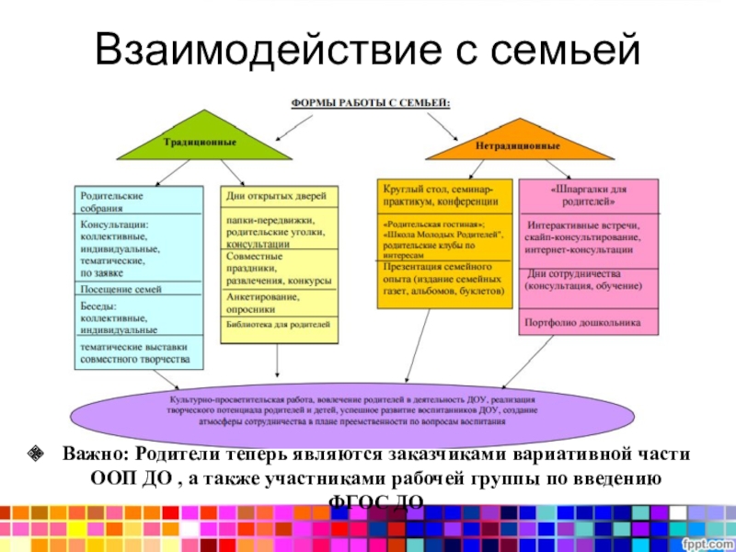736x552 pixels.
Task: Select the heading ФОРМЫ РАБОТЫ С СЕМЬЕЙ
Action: click(x=371, y=103)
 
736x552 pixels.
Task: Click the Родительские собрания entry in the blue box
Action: click(x=111, y=202)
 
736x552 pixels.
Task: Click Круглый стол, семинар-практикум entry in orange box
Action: click(x=441, y=194)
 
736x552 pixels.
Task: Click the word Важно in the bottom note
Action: click(x=95, y=454)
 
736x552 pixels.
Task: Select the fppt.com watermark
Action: click(x=707, y=543)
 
